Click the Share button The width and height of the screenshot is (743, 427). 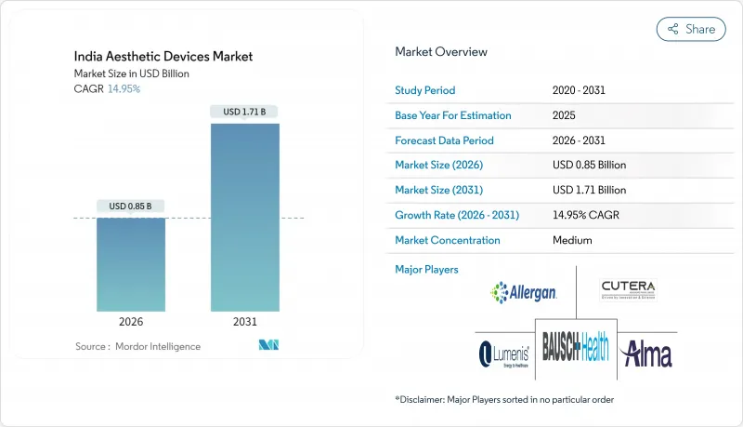pyautogui.click(x=691, y=29)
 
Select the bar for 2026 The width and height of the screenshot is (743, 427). pyautogui.click(x=131, y=264)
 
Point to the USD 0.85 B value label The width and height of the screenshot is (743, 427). pyautogui.click(x=131, y=206)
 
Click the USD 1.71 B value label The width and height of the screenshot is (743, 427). pyautogui.click(x=245, y=112)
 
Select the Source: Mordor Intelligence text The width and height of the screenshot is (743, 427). pyautogui.click(x=137, y=346)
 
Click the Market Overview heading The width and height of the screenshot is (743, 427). pyautogui.click(x=440, y=52)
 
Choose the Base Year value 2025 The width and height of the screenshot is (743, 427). pyautogui.click(x=563, y=115)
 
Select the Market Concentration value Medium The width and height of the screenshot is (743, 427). pyautogui.click(x=571, y=240)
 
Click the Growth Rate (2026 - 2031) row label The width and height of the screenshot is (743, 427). pyautogui.click(x=457, y=215)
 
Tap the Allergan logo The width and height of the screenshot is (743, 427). pyautogui.click(x=524, y=293)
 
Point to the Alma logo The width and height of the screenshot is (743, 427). pyautogui.click(x=647, y=354)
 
